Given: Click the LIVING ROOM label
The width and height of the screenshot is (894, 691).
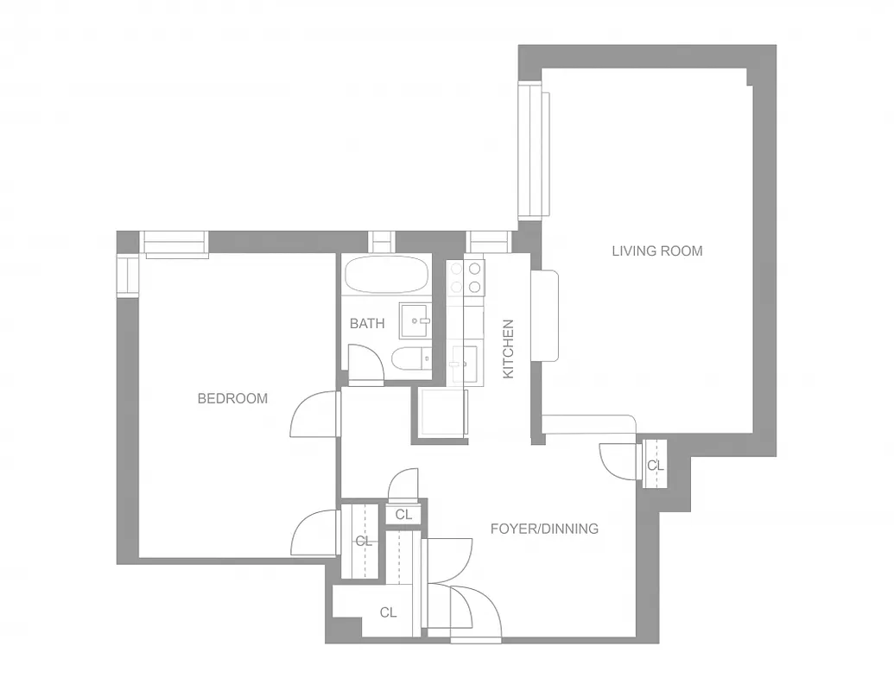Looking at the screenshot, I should [657, 251].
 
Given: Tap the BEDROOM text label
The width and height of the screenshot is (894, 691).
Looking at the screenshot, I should [232, 398].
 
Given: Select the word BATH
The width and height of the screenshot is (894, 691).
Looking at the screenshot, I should [367, 324].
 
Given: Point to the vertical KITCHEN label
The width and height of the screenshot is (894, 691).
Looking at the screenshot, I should [509, 349].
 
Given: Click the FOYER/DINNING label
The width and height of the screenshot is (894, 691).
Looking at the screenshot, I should [544, 529].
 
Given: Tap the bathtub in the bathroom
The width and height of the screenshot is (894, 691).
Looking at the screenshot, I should [386, 276].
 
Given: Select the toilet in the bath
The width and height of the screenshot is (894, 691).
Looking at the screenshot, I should [409, 358].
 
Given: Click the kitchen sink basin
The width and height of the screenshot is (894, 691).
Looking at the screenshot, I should [464, 358].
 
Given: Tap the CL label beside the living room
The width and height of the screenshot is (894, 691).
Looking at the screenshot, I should [656, 466].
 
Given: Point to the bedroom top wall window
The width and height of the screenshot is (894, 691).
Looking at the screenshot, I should [175, 244].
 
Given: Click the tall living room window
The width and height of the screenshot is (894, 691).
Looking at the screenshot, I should [531, 152].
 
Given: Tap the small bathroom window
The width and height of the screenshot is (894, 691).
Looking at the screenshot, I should [381, 242].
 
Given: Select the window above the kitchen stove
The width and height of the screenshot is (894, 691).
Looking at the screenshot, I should [488, 242].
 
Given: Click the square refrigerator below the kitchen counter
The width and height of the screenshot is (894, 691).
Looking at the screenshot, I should [441, 415].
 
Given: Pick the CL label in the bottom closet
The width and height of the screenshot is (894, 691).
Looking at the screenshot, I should [388, 612].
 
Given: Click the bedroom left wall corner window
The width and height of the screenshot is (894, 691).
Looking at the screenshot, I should [129, 276].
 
